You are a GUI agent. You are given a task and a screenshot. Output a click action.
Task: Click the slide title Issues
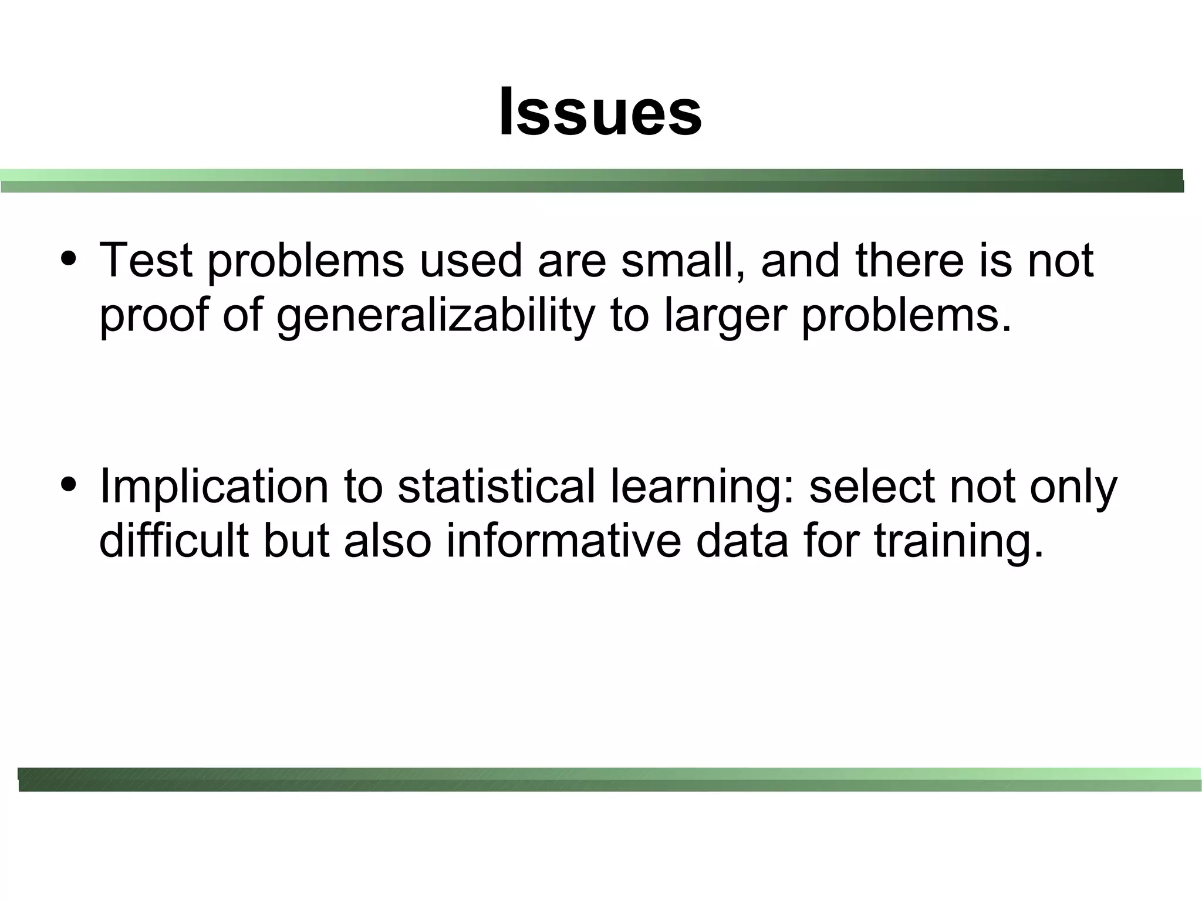[x=600, y=112]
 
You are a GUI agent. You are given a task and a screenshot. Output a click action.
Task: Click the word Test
[x=146, y=260]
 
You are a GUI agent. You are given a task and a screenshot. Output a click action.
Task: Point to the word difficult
[x=174, y=541]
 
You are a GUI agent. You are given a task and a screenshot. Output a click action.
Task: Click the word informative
[x=563, y=541]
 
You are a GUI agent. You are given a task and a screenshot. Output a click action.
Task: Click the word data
[x=742, y=541]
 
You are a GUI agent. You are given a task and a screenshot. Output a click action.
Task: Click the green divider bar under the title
[x=592, y=181]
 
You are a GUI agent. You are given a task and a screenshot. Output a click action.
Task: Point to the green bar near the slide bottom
[x=609, y=779]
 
